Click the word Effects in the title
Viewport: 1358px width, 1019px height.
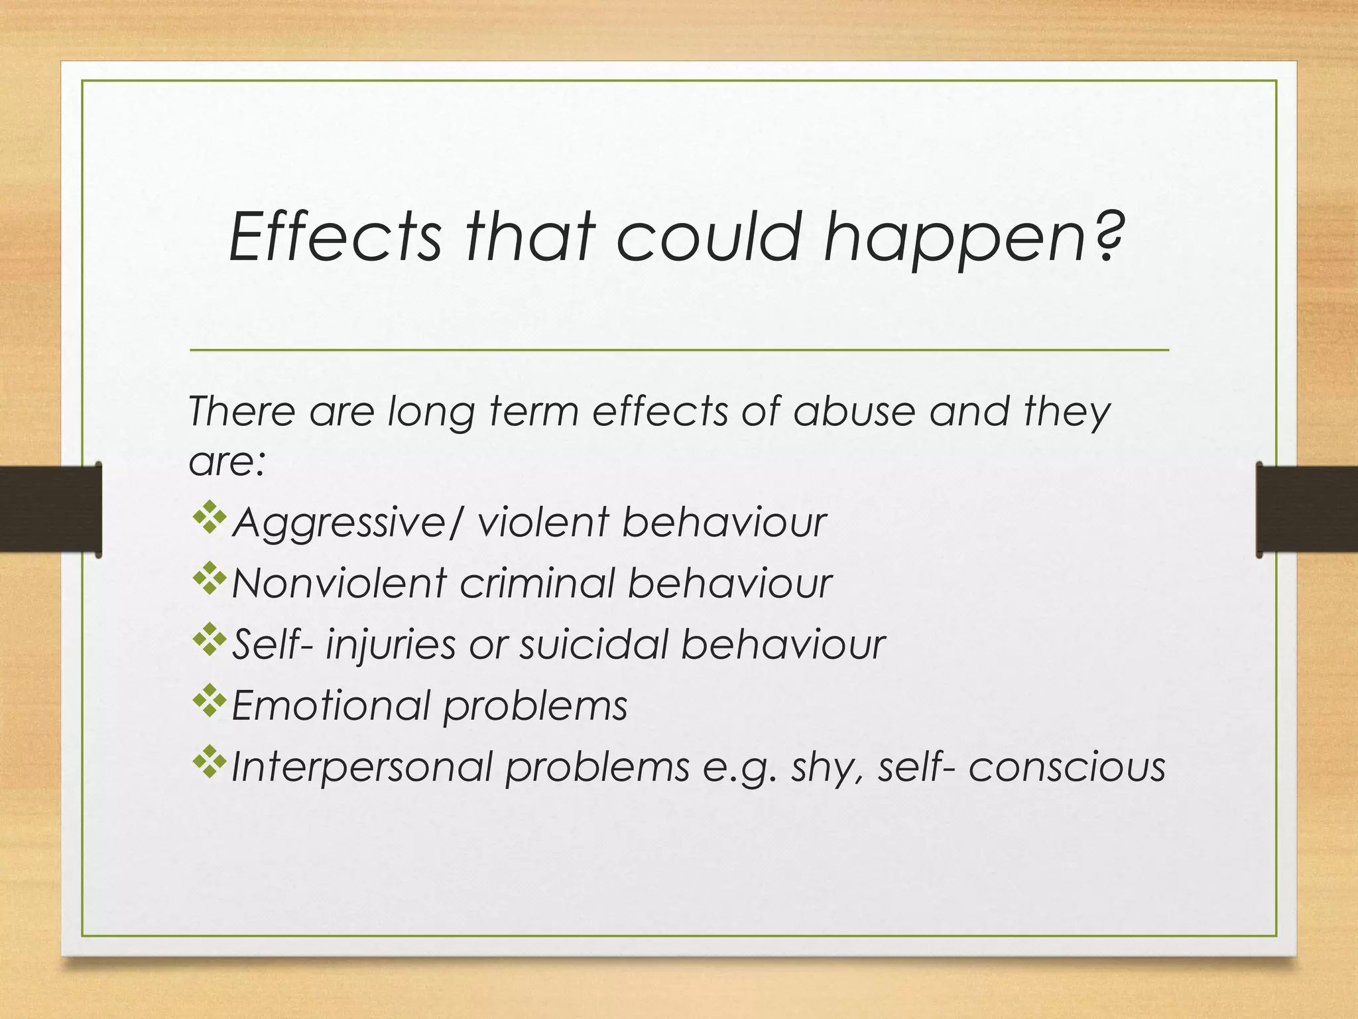335,237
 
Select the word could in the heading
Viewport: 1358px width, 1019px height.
709,237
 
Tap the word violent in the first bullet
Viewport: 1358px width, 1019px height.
542,522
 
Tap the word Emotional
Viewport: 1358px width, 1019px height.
331,705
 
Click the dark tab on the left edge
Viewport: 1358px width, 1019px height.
50,509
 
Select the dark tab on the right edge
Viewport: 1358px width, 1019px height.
1306,509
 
